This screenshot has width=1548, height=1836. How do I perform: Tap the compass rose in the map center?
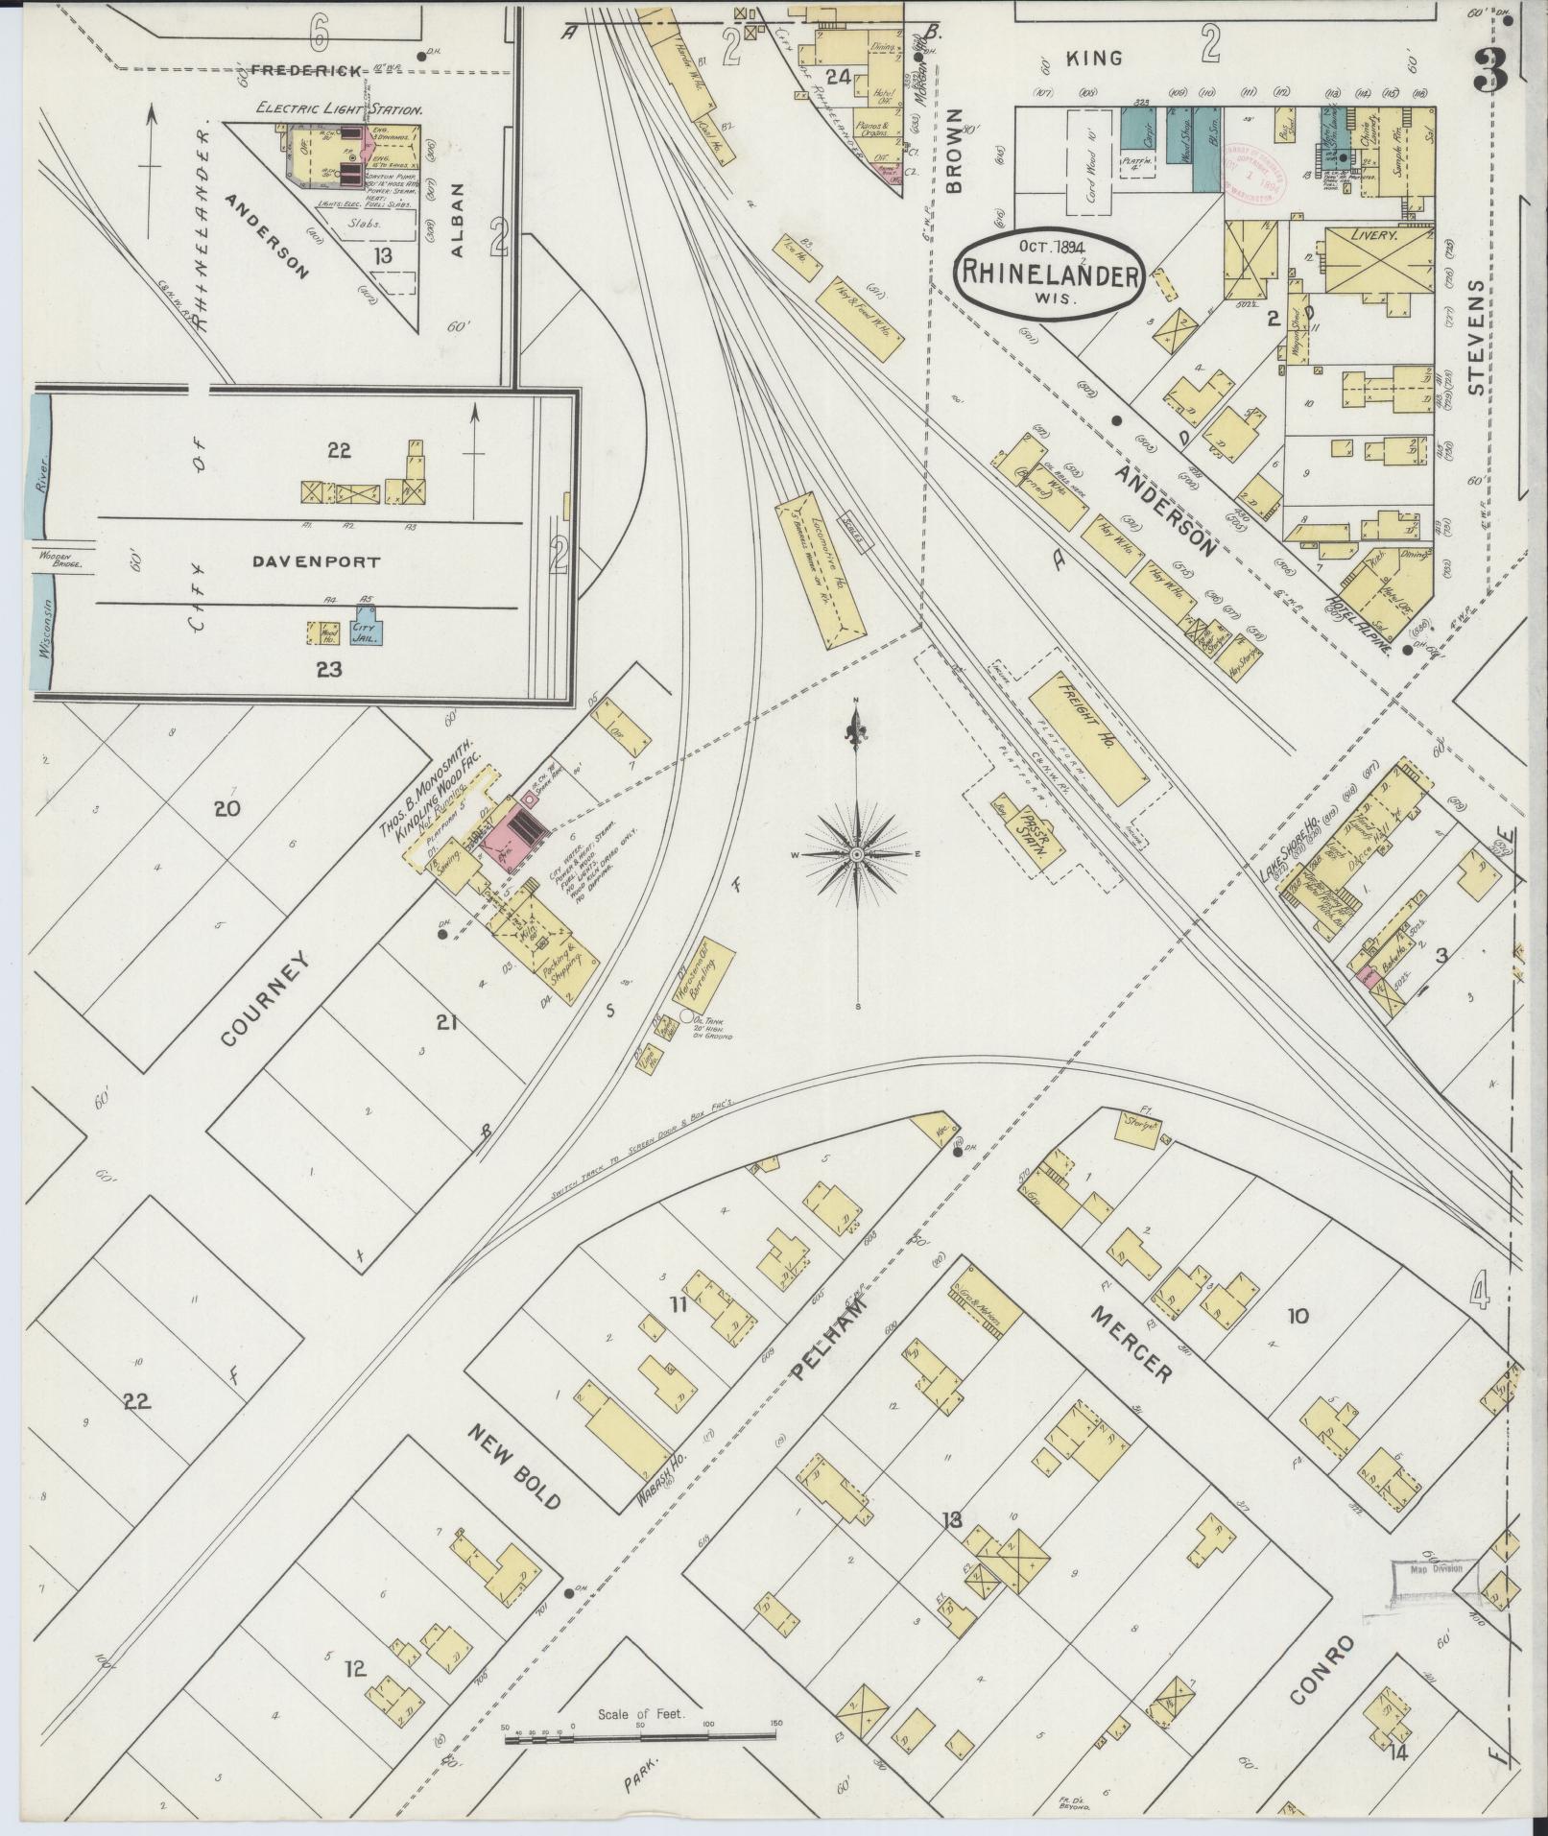point(855,853)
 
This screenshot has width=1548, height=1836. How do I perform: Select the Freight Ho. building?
point(1087,740)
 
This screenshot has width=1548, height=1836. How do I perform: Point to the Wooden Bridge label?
point(61,560)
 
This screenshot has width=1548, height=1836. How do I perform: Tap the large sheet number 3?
point(1492,67)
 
